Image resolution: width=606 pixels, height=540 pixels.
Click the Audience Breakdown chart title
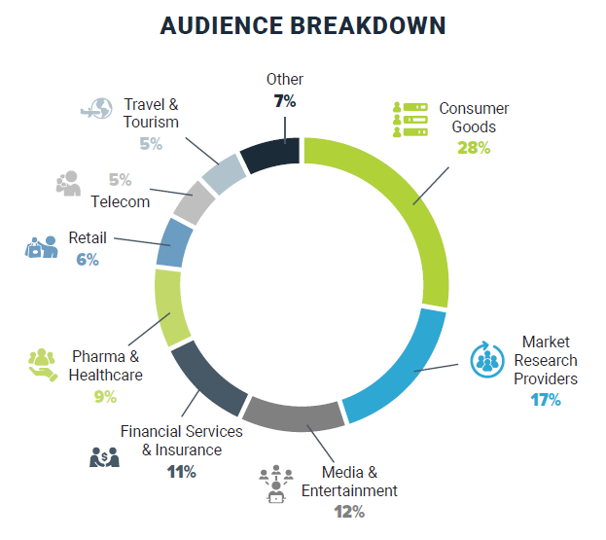click(x=303, y=26)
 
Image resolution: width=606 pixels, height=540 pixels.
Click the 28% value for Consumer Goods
click(x=474, y=148)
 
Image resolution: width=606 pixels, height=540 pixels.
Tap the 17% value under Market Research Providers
click(x=545, y=399)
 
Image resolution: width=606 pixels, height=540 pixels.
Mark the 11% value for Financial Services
click(x=182, y=472)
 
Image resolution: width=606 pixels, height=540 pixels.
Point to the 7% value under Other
click(x=284, y=99)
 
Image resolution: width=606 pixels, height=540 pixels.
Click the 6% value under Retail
click(x=88, y=260)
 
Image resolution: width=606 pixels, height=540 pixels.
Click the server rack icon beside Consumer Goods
click(x=410, y=120)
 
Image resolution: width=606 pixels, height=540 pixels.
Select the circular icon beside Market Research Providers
click(x=485, y=359)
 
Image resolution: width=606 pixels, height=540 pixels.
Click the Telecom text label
click(x=121, y=201)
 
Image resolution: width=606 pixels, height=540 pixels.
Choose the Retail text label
click(x=88, y=237)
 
